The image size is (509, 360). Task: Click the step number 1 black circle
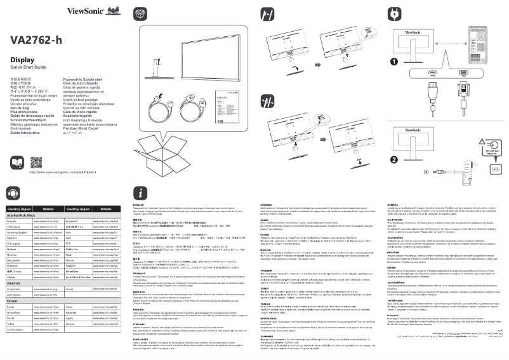point(393,62)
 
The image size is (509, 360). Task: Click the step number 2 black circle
point(393,141)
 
